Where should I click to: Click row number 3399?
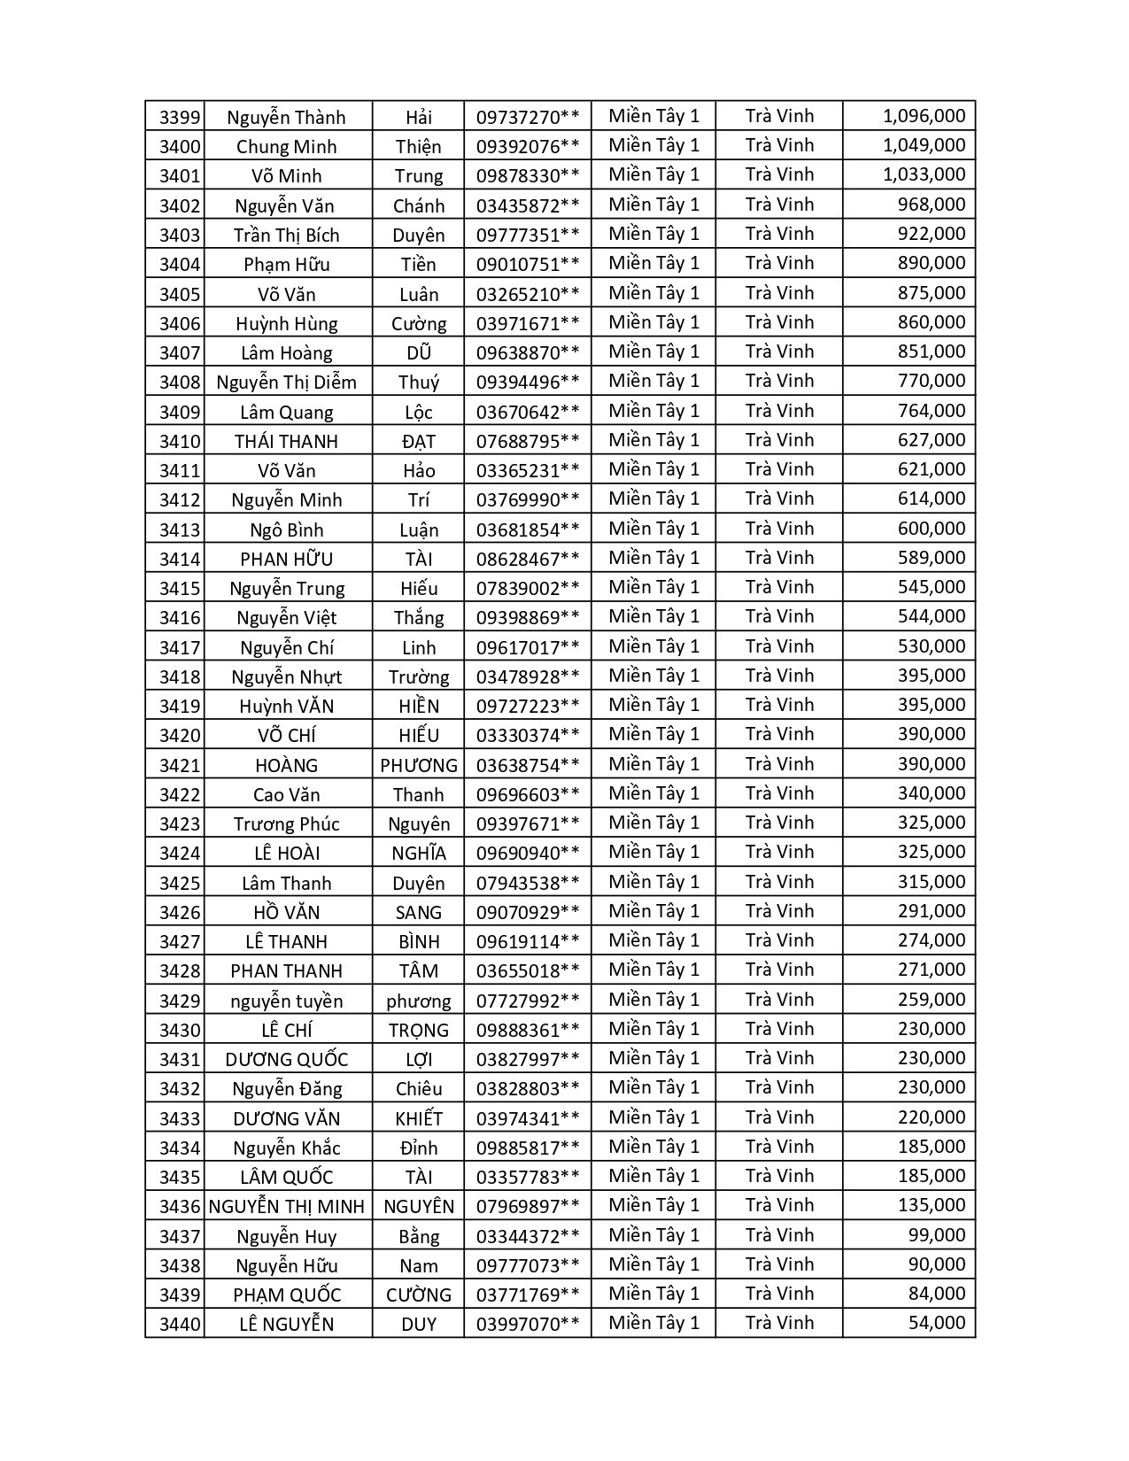click(180, 117)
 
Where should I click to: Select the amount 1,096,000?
click(924, 116)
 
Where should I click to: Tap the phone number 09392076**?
click(528, 146)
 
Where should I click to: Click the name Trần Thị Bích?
click(286, 235)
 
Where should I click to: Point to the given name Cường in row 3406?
click(419, 323)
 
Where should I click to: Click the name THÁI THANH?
click(286, 441)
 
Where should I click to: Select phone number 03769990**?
click(528, 499)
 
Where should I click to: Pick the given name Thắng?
click(419, 617)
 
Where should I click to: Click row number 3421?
click(180, 765)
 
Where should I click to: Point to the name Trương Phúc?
click(286, 823)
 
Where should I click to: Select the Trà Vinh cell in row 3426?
click(779, 911)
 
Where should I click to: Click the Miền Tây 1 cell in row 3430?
click(653, 1029)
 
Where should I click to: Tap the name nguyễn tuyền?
click(286, 1001)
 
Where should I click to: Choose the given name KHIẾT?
click(419, 1118)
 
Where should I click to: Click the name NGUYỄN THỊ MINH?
click(286, 1206)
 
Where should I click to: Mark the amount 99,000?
click(936, 1235)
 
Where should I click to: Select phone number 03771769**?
click(528, 1295)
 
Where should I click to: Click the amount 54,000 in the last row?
click(936, 1323)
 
